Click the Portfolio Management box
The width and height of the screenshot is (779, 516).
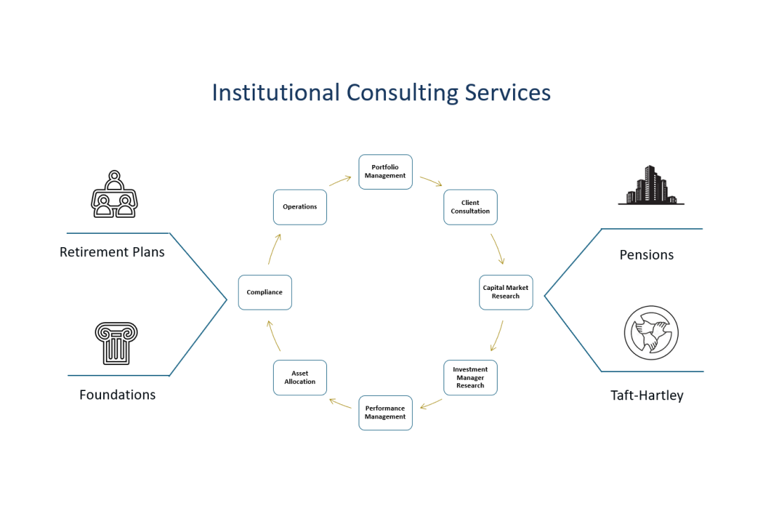coord(385,172)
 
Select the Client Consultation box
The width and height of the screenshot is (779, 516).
coord(470,207)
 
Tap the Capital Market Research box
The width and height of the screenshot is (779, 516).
coord(505,292)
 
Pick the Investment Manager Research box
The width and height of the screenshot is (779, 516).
coord(470,378)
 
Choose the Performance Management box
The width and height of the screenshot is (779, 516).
coord(385,413)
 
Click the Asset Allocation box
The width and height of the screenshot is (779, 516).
coord(300,378)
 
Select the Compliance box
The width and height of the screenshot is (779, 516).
coord(265,292)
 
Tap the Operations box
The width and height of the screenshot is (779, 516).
coord(300,207)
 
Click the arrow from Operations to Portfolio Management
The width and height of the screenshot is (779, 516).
coord(340,180)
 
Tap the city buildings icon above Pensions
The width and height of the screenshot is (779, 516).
coord(651,185)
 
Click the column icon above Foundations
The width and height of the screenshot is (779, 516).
coord(116,343)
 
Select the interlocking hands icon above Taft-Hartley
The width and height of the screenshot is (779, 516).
coord(651,332)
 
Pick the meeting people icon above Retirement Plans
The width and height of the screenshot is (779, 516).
coord(114,194)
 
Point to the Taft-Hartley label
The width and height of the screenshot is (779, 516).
coord(646,395)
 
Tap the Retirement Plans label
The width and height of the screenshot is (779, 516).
coord(112,252)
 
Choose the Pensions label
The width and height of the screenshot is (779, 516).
coord(646,255)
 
